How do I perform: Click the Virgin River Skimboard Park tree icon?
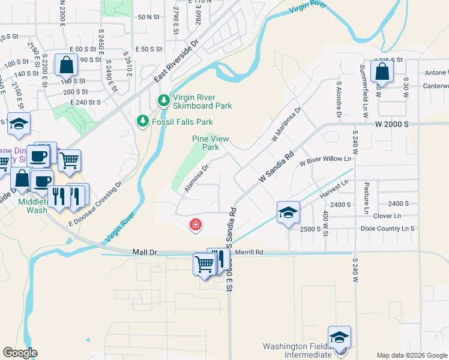[x=163, y=101]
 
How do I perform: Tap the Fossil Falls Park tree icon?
[x=143, y=121]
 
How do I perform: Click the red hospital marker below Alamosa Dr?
[x=195, y=226]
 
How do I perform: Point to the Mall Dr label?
[x=144, y=253]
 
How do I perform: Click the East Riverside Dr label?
[x=176, y=62]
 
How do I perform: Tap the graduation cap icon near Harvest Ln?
[x=288, y=212]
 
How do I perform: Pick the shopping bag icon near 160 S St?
[x=66, y=64]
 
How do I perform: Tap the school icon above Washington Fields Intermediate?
[x=339, y=337]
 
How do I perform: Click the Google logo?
[x=20, y=353]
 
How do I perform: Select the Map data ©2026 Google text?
[x=411, y=355]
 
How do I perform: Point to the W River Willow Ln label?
[x=325, y=160]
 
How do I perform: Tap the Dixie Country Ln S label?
[x=388, y=229]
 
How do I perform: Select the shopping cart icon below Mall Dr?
[x=204, y=263]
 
